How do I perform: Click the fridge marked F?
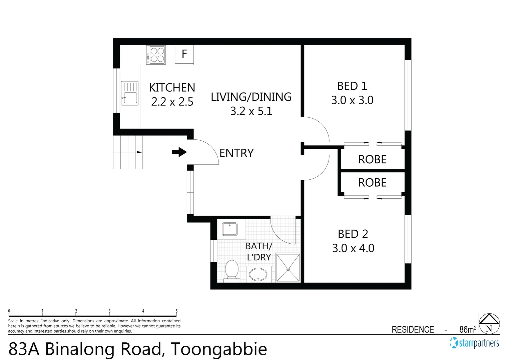[x=184, y=54]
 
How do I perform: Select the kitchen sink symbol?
[x=129, y=93]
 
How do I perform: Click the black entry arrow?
[x=179, y=152]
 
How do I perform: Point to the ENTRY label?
[x=236, y=153]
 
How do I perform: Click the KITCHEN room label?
[x=172, y=88]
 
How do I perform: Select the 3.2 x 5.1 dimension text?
[x=251, y=111]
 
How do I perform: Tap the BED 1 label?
[x=352, y=86]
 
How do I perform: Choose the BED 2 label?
[x=353, y=234]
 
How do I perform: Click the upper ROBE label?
[x=372, y=159]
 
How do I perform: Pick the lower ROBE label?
[x=372, y=183]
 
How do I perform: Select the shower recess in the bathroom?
[x=288, y=268]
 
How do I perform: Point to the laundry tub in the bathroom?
[x=230, y=229]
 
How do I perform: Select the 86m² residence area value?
[x=468, y=329]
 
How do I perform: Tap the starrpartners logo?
[x=475, y=343]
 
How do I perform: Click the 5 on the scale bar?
[x=176, y=311]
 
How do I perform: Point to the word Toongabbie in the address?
[x=219, y=349]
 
